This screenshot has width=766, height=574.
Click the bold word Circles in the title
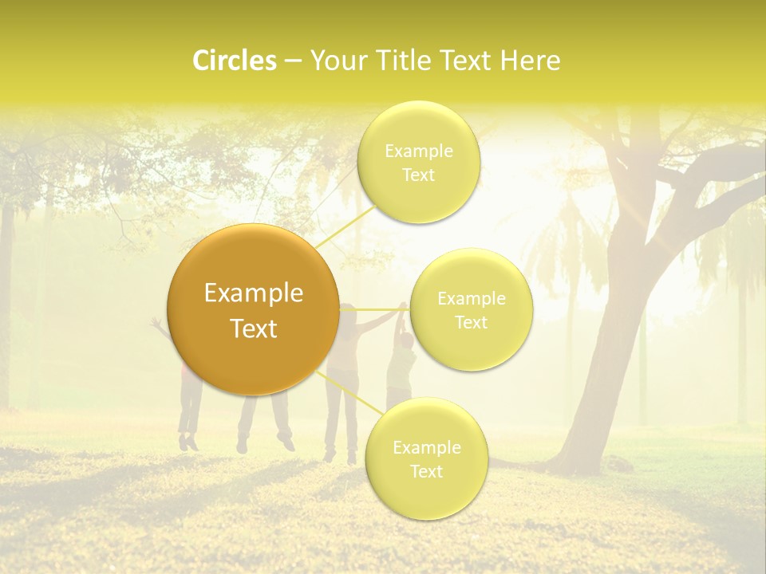(x=234, y=61)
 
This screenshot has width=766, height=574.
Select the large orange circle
(x=253, y=309)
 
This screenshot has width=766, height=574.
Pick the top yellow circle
(x=418, y=162)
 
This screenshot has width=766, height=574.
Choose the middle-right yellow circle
(x=471, y=309)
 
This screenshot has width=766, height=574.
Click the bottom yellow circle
(x=426, y=458)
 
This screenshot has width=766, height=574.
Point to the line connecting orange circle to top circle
(x=345, y=226)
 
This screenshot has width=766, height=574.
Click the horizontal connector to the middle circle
(x=375, y=309)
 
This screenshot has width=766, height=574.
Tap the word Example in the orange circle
(x=254, y=293)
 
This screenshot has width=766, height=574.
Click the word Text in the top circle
(x=418, y=175)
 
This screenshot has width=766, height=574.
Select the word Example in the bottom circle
(x=426, y=447)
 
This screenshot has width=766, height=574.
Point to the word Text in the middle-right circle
(x=471, y=322)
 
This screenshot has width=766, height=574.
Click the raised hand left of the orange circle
(x=156, y=323)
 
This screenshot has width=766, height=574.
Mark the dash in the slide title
(x=293, y=61)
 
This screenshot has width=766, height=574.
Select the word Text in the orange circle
(x=254, y=328)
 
